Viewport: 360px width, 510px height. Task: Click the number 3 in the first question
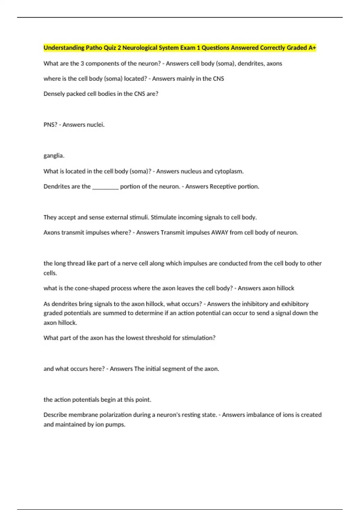tap(82, 64)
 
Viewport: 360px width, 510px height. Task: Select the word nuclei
tap(96, 125)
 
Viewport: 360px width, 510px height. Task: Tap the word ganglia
tap(54, 156)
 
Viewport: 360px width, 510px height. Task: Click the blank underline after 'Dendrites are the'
tap(105, 187)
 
